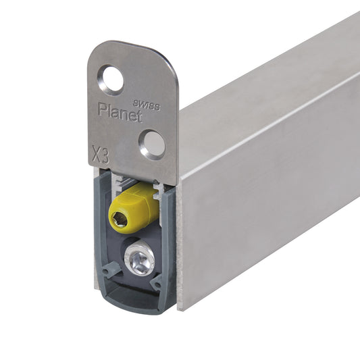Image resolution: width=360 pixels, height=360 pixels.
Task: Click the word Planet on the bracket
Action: click(x=120, y=112)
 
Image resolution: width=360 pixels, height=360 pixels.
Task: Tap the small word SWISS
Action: click(x=147, y=105)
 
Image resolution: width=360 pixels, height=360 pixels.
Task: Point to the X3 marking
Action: click(x=101, y=154)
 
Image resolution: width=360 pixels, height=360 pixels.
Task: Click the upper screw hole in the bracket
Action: click(x=111, y=80)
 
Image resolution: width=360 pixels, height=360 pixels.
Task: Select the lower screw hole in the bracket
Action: click(x=152, y=145)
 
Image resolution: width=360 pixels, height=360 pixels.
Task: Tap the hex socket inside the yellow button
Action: click(x=119, y=219)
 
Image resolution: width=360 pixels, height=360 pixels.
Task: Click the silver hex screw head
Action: click(x=139, y=257)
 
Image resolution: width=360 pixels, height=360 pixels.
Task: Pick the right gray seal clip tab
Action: click(x=157, y=283)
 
